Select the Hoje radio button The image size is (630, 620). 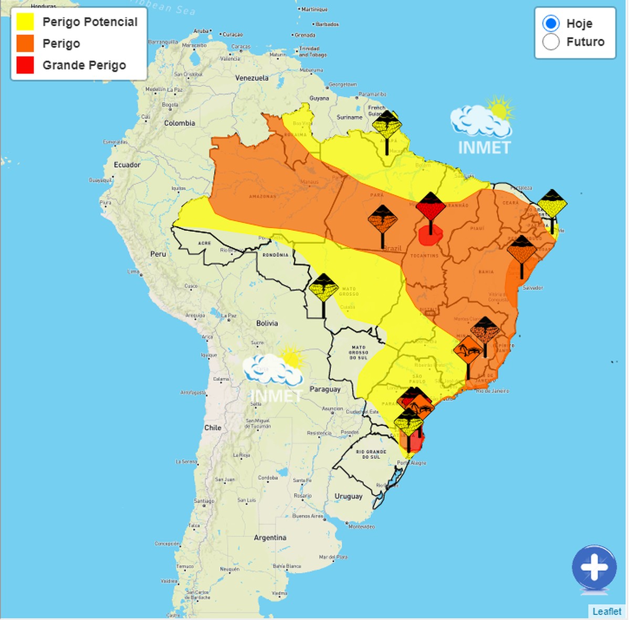click(551, 24)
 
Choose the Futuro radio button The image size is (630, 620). click(551, 42)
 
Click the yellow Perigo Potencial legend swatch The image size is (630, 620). click(25, 22)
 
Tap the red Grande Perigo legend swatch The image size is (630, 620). click(25, 65)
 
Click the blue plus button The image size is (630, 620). click(594, 569)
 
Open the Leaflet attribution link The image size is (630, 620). click(607, 612)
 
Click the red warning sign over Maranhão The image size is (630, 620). click(430, 208)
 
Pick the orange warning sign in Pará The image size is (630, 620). click(383, 220)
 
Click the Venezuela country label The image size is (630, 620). click(252, 78)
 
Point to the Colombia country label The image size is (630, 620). click(180, 123)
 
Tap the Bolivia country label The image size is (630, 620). click(267, 323)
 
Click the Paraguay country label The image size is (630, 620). click(325, 389)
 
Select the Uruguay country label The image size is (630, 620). click(349, 496)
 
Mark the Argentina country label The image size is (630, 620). click(270, 538)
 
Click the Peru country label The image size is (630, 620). click(158, 254)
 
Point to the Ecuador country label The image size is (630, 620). click(127, 165)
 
